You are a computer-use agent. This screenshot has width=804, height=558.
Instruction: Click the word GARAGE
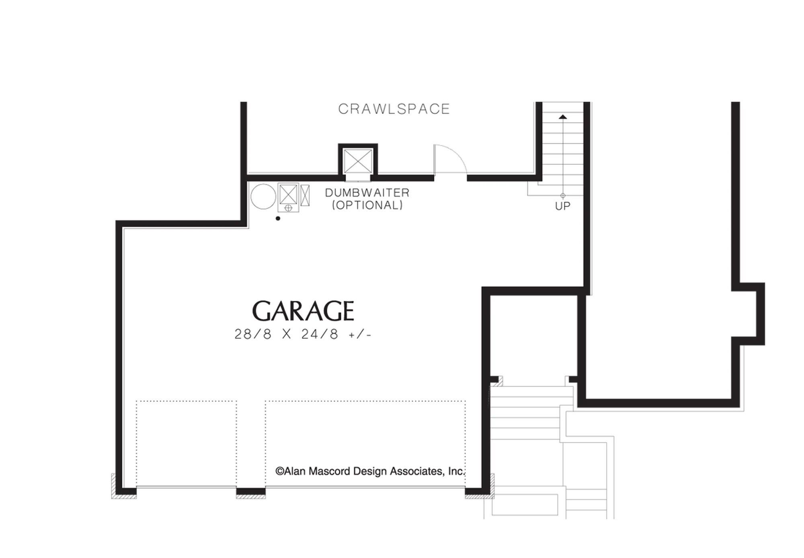pos(303,311)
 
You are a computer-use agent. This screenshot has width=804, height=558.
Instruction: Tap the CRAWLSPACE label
pos(394,109)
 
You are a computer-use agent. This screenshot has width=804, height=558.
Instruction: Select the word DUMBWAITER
pos(367,193)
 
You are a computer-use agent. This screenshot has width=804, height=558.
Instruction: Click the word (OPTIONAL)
pos(367,205)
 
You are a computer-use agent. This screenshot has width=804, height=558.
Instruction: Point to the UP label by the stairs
pos(562,206)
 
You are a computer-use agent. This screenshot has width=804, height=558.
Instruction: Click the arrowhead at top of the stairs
pos(563,117)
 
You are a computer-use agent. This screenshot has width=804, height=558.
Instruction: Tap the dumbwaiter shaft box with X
pos(358,161)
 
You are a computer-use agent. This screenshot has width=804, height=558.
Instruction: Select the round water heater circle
pos(263,197)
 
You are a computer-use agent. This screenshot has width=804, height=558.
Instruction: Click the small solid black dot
pos(278,218)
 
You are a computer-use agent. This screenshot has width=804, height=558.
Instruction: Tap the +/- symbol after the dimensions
pos(360,334)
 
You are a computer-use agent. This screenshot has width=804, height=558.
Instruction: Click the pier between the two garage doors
pos(251,491)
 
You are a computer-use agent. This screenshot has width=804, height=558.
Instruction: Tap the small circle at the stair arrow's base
pos(563,196)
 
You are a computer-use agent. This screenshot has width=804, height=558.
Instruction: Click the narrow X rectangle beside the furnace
pos(305,196)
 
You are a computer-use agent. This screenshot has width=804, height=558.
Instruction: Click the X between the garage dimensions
pos(286,334)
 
